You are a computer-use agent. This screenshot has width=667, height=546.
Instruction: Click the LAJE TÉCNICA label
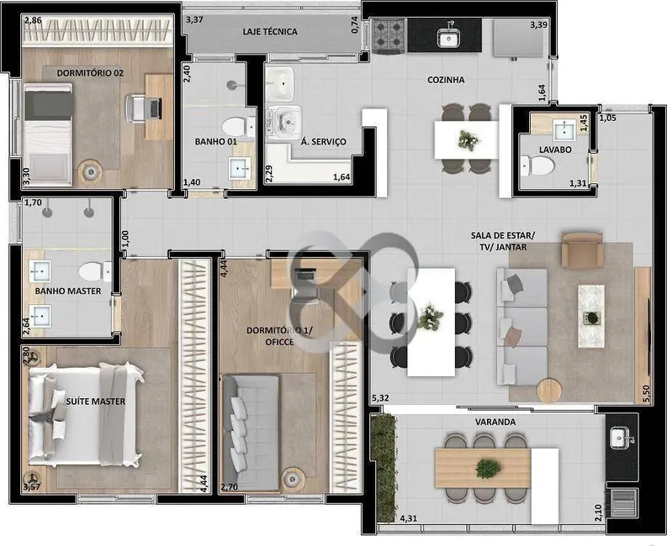click(269, 32)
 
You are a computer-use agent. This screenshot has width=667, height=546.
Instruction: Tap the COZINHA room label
click(446, 81)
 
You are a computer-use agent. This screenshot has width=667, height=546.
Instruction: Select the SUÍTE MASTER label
click(95, 402)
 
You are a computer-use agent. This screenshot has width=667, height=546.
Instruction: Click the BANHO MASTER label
click(67, 291)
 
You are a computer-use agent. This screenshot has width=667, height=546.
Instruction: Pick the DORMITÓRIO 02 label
click(90, 73)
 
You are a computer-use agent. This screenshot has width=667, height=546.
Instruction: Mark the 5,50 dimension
click(646, 394)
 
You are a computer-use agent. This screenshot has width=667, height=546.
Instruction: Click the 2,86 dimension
click(33, 19)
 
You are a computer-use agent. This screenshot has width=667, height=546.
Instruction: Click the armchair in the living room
click(581, 249)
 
